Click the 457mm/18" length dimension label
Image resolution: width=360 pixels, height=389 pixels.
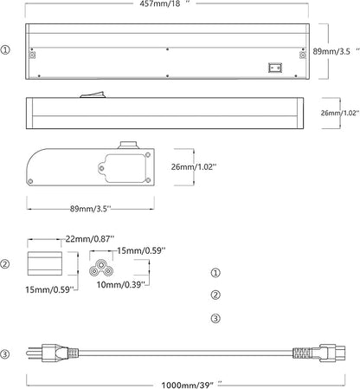coord(165,3)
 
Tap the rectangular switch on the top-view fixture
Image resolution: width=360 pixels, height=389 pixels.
coord(275,68)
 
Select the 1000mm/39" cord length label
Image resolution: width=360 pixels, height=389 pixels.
coord(192,385)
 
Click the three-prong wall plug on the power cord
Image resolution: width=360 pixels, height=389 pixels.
coord(49,353)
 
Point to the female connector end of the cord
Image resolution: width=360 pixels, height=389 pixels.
coord(319,353)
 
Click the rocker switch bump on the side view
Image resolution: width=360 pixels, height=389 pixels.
coord(93,94)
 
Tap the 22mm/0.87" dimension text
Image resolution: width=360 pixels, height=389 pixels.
coord(90,239)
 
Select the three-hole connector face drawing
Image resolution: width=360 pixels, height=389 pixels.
coord(100,268)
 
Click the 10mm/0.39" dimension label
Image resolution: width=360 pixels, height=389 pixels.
coord(121,285)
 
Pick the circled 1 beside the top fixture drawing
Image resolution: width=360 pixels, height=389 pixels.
coord(5,49)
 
